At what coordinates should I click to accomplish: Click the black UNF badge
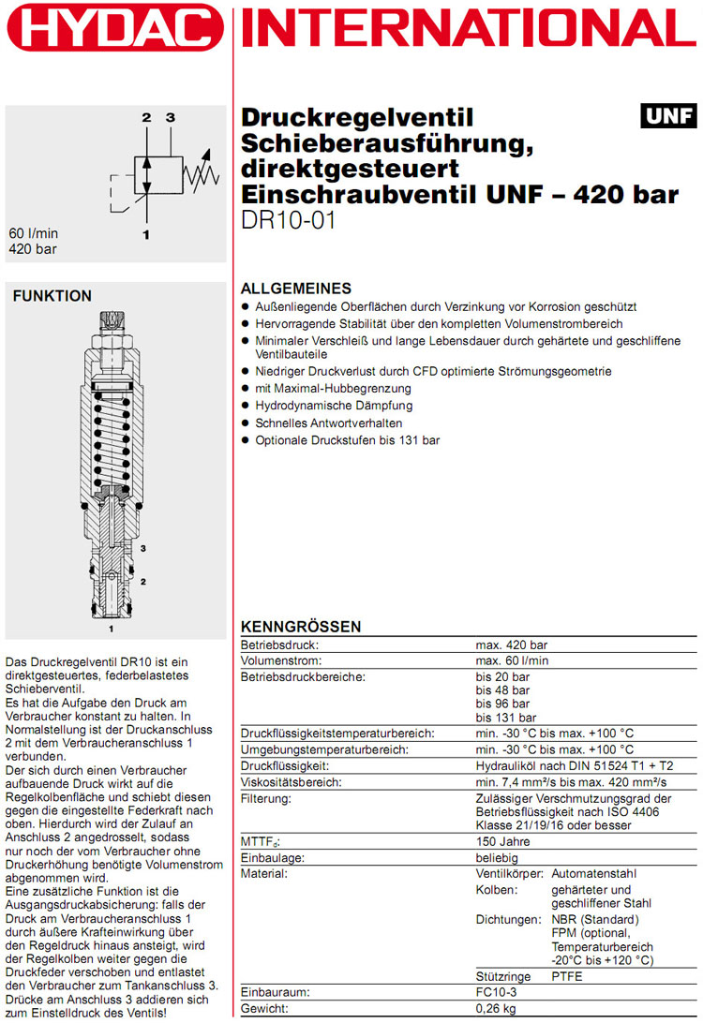pos(668,116)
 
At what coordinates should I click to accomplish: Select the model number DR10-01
pos(288,221)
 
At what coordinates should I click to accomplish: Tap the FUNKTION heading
pos(52,296)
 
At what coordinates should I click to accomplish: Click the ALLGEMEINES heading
pos(296,289)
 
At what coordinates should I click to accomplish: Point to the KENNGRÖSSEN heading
pos(301,627)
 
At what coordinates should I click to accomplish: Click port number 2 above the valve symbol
pos(146,118)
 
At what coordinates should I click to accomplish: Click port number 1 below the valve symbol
pos(146,235)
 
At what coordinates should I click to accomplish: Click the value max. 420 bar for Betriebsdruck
pos(511,645)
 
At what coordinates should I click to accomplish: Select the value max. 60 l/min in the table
pos(512,660)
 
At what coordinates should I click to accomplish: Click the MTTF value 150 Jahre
pos(503,841)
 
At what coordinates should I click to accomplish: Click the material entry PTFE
pos(566,976)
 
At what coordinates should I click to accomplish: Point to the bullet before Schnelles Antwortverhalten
pos(246,423)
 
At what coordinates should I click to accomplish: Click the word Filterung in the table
pos(266,797)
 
